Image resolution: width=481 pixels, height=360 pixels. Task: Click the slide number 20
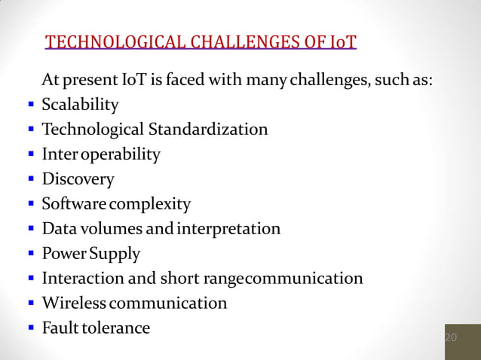pos(451,337)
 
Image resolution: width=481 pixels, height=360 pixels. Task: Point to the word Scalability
pos(80,104)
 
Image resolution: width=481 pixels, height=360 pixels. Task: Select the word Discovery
pos(78,179)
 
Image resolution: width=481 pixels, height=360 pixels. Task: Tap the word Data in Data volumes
pos(58,228)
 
